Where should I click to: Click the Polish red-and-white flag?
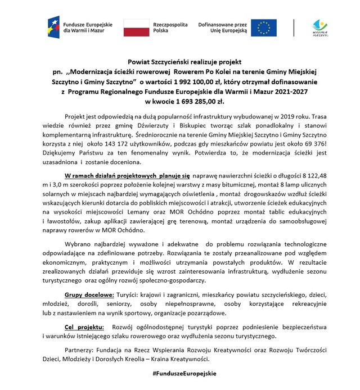click(136, 28)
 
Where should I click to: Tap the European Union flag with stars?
click(263, 28)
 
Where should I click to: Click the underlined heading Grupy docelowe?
click(89, 295)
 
